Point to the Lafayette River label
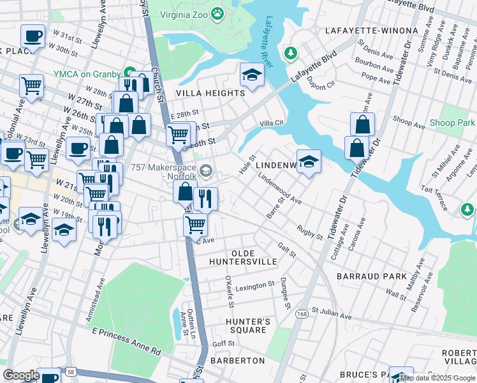pos(268,36)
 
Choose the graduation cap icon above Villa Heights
pos(252,75)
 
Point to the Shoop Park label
pos(457,123)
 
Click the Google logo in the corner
pos(21,375)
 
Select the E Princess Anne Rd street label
pos(126,341)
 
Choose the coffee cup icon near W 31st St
pos(33,36)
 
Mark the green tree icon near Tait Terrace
pos(467,209)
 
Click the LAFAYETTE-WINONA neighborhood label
pos(371,31)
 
